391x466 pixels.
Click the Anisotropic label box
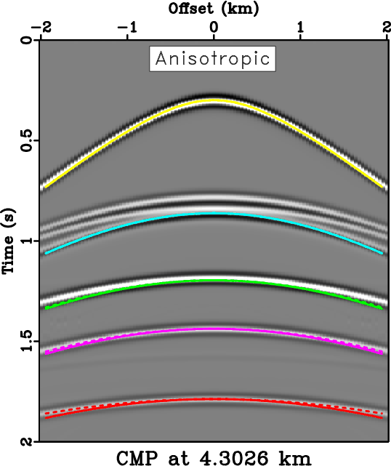(x=213, y=58)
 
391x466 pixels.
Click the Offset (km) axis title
(x=213, y=10)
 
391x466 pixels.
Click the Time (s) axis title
(x=10, y=241)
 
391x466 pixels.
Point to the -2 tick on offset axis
(x=42, y=28)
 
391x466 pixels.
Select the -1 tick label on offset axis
(x=128, y=28)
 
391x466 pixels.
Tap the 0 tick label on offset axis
(x=214, y=28)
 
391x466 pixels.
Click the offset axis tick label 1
(x=300, y=28)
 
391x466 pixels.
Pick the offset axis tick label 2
(x=384, y=28)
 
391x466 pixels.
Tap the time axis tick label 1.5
(x=27, y=341)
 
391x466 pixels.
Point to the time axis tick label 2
(x=27, y=442)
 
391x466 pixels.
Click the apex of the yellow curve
(x=213, y=100)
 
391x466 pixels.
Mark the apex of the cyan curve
(x=213, y=214)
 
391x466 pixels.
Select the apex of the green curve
(x=213, y=281)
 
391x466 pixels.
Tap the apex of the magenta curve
(x=213, y=330)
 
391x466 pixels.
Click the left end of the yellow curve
(x=44, y=188)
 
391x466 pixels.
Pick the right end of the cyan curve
(x=382, y=253)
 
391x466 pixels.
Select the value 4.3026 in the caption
(x=236, y=457)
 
